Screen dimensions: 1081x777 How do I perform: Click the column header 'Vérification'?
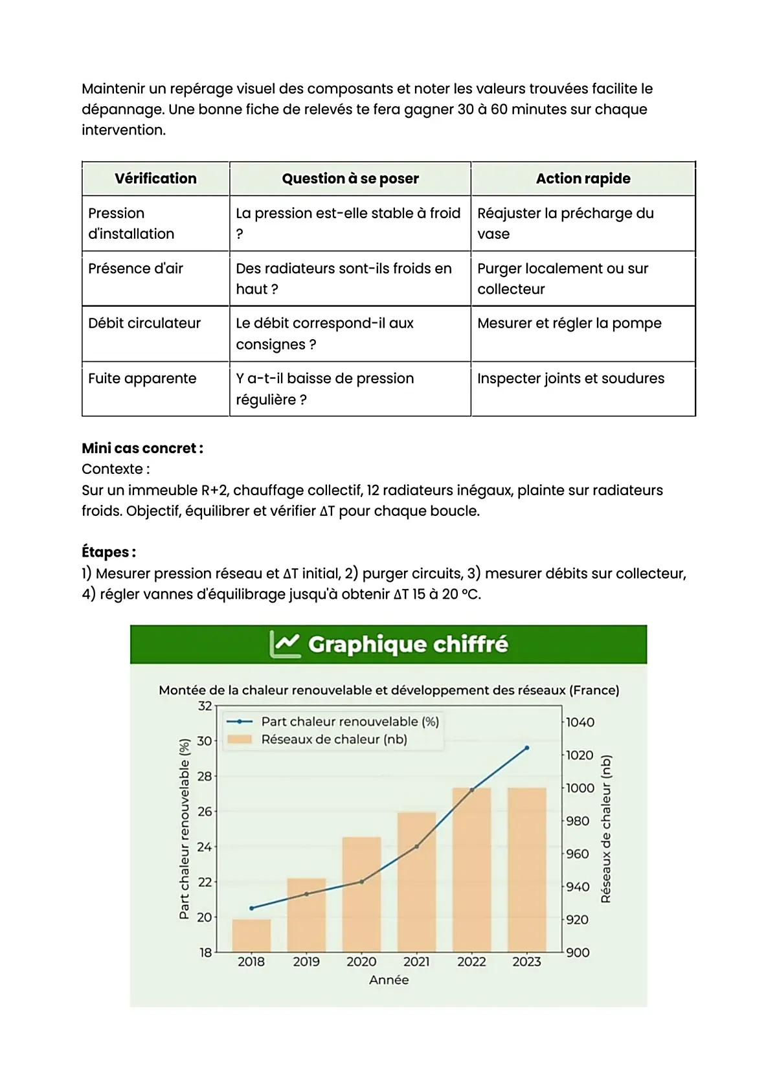coord(155,179)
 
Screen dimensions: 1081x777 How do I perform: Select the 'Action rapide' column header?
coord(583,179)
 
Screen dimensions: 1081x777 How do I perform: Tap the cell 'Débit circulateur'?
coord(144,323)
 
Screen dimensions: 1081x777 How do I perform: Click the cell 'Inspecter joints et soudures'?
coord(570,379)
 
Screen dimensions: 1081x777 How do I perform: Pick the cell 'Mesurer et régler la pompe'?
coord(569,323)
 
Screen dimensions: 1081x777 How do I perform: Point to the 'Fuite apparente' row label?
coord(142,379)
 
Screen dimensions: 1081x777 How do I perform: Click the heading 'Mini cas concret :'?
coord(142,448)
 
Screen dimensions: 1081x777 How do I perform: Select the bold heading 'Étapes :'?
coord(109,552)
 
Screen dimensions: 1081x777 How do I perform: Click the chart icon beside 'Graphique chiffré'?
coord(285,644)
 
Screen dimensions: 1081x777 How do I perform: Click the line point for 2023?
coord(526,748)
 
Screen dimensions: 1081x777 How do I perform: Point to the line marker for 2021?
coord(416,846)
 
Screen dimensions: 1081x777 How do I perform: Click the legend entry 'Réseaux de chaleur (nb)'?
coord(334,740)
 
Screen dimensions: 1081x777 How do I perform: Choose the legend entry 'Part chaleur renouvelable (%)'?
coord(350,722)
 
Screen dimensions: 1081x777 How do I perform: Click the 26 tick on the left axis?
coord(205,811)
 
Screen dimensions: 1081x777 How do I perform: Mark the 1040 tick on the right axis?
coord(580,722)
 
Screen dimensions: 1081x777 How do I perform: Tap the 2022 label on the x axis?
coord(471,962)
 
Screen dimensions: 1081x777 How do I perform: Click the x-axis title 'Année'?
coord(388,980)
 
